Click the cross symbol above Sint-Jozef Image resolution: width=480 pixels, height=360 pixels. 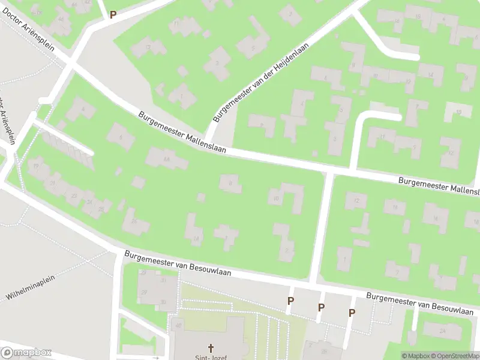point(211,347)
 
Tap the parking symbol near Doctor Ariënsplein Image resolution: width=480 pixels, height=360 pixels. point(112,14)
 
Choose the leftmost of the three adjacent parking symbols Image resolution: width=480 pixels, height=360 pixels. point(291,301)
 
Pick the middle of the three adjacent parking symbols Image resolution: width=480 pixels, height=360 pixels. point(321,307)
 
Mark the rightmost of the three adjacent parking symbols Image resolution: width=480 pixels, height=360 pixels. point(352,312)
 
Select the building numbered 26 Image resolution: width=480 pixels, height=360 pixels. point(134,221)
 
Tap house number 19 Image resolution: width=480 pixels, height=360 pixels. point(36,166)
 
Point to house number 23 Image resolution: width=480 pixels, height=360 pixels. point(74,196)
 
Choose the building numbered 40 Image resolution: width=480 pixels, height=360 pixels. point(178,326)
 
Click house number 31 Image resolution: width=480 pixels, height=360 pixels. point(163,280)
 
